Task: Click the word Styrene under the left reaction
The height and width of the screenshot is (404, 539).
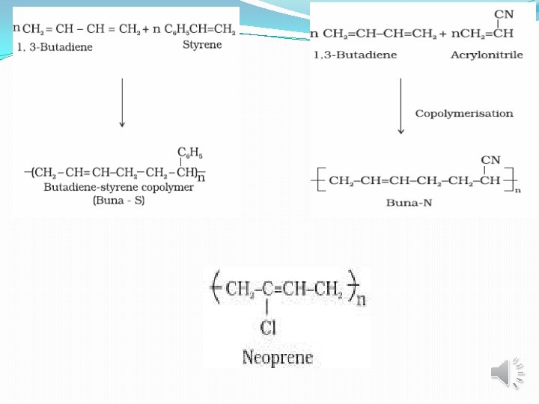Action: tap(202, 45)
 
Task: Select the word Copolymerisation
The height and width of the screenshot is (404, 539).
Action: tap(464, 114)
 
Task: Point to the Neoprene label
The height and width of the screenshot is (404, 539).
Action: tap(278, 358)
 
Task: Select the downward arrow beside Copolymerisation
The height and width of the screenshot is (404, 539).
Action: tap(401, 105)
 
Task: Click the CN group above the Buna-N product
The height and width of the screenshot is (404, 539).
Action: tap(490, 159)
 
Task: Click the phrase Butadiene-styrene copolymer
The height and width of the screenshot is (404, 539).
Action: tap(118, 187)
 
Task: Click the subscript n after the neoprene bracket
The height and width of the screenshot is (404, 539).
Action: tap(362, 301)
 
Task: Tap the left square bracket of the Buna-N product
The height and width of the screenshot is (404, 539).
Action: tap(317, 180)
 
